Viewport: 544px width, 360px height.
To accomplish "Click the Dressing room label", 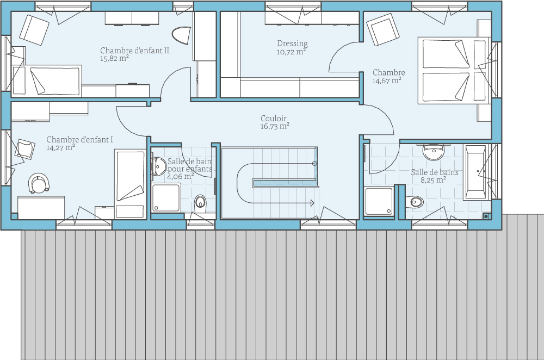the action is click(x=293, y=44).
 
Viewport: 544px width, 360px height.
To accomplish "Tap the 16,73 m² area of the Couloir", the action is click(x=275, y=126).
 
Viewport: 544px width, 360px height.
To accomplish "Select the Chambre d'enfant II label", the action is click(x=134, y=50).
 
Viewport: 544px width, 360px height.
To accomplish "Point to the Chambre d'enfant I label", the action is click(x=80, y=139).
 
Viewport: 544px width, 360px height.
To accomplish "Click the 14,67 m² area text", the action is click(x=387, y=81).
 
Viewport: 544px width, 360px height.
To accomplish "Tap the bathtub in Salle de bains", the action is click(x=476, y=172).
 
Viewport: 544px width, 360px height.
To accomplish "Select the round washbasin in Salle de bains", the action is click(x=434, y=152).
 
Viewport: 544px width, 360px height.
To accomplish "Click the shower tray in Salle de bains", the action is click(x=379, y=201).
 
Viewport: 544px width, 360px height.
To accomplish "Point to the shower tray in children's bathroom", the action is click(x=166, y=197).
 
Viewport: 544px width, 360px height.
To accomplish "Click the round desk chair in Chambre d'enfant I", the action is click(x=39, y=183).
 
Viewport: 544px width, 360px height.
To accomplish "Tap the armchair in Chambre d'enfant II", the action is click(x=34, y=30).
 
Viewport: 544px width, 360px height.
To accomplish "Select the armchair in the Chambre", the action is click(x=384, y=29).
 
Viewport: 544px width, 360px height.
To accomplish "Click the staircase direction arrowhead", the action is click(x=312, y=203).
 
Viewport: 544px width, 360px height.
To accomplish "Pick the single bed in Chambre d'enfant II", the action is click(x=47, y=80).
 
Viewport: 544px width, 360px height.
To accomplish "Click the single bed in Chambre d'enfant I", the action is click(x=130, y=184).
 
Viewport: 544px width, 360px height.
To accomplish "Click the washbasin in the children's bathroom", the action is click(x=158, y=166).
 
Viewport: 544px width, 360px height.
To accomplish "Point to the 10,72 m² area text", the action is click(x=291, y=52).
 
